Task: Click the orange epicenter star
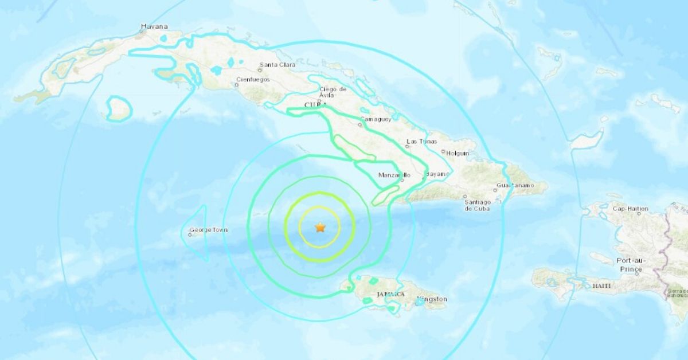click(320, 228)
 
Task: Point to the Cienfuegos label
click(252, 80)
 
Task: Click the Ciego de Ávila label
click(334, 92)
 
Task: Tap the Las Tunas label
click(421, 141)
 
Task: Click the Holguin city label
click(458, 153)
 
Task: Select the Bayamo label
click(438, 173)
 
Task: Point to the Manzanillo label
click(394, 175)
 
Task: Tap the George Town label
click(210, 230)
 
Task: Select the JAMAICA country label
click(390, 294)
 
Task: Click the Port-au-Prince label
click(632, 264)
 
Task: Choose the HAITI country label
click(600, 285)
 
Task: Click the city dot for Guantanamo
click(495, 190)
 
